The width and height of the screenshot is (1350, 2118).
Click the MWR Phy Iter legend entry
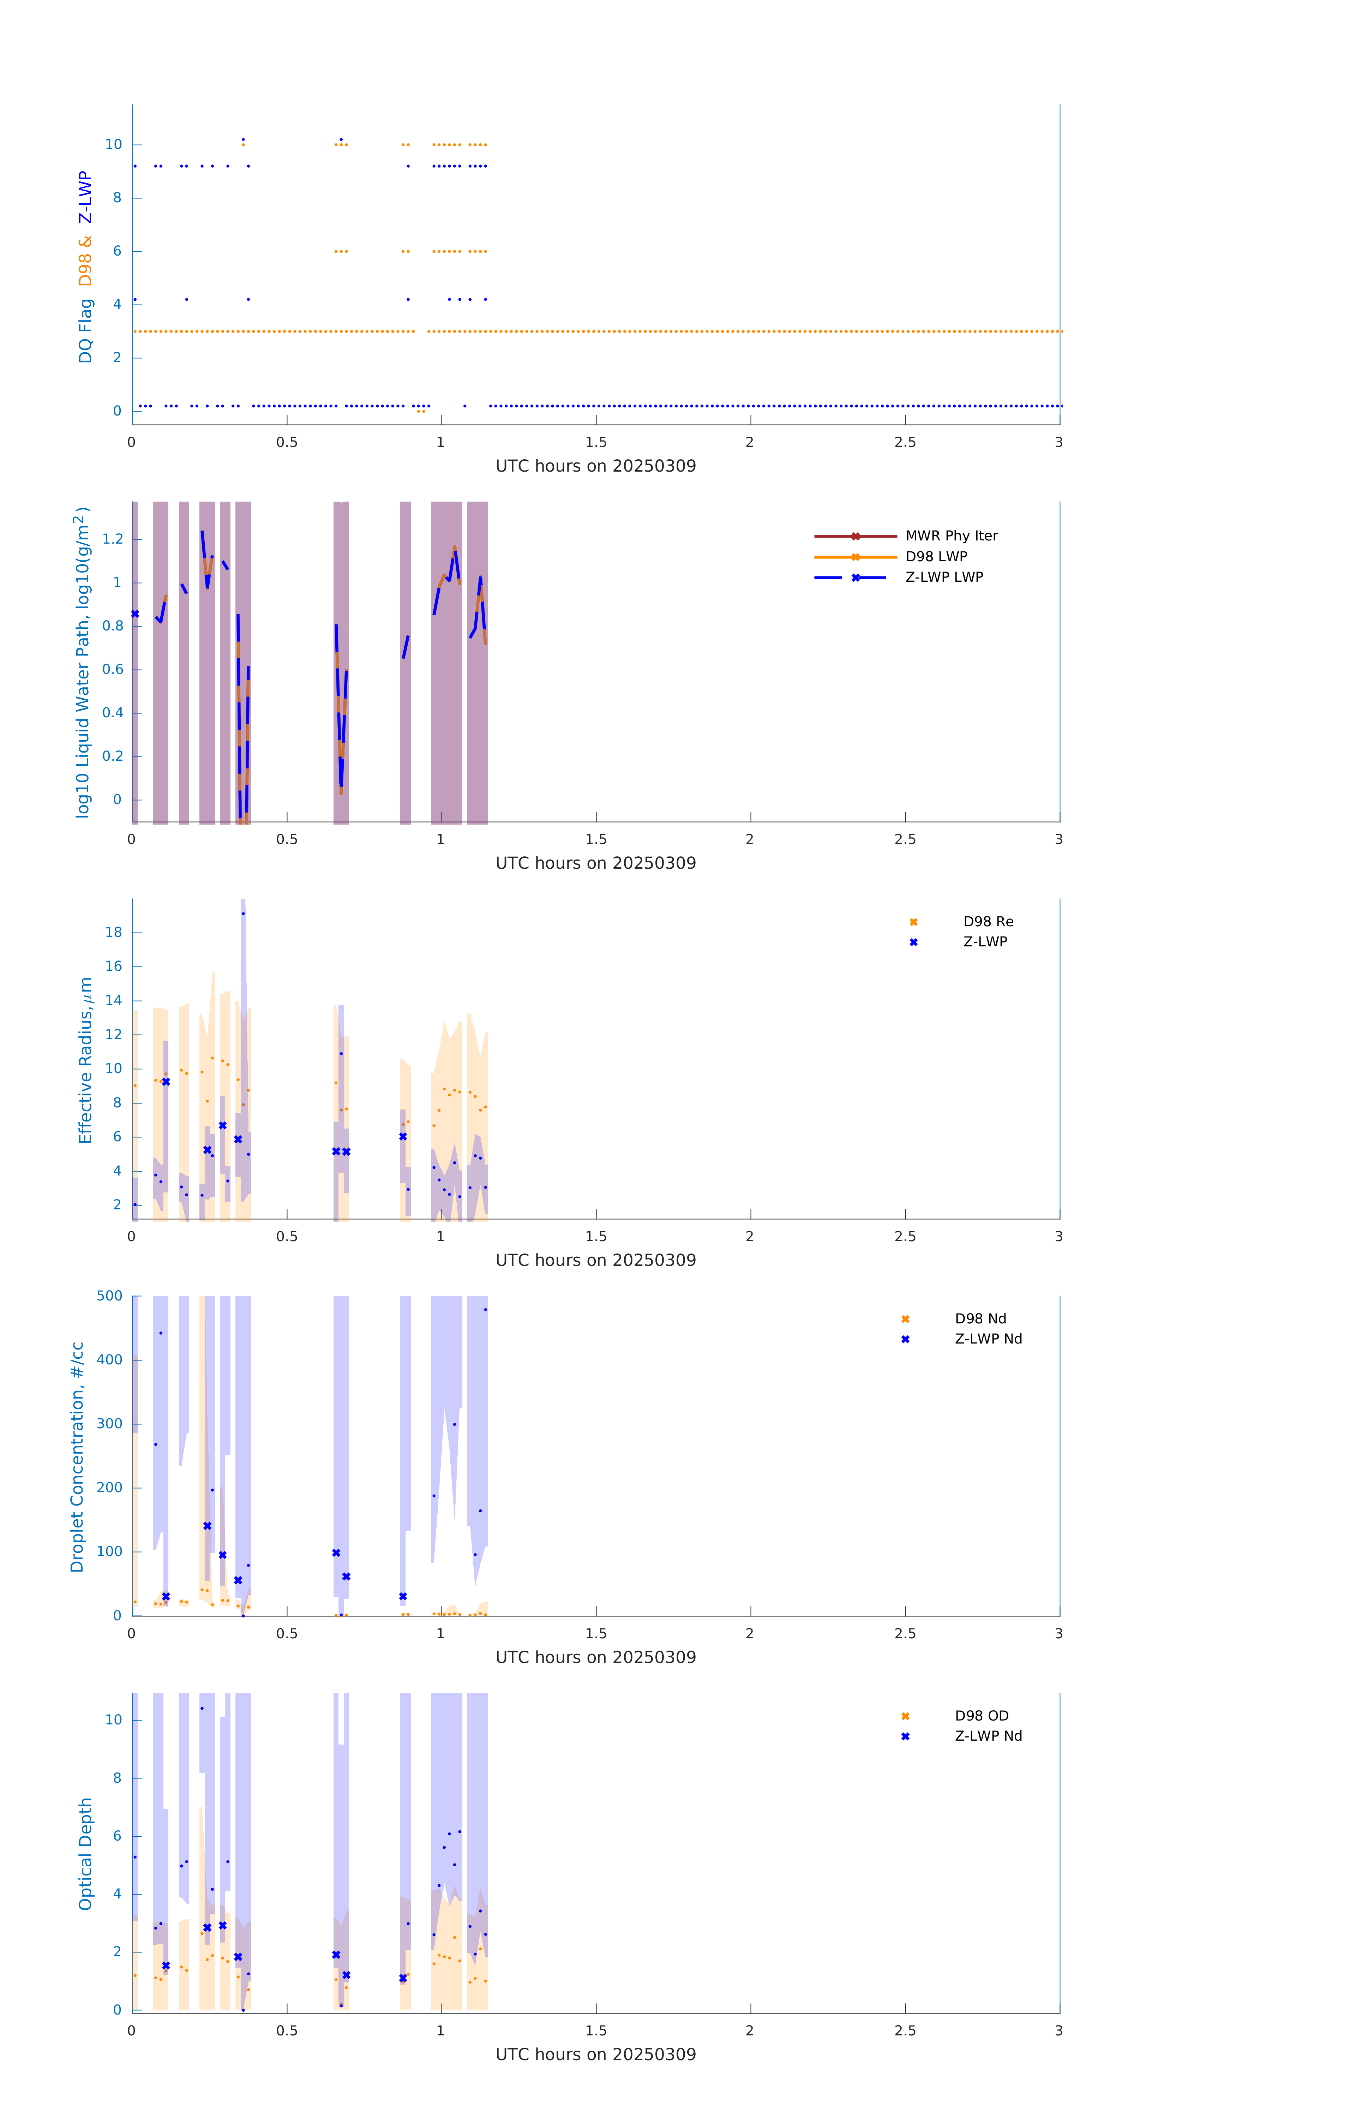pyautogui.click(x=951, y=536)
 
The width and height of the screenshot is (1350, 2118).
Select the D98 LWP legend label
pyautogui.click(x=936, y=557)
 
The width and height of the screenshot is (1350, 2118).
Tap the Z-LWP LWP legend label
pyautogui.click(x=944, y=577)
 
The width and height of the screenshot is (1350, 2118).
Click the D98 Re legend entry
pyautogui.click(x=988, y=922)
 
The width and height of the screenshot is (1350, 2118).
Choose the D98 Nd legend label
pyautogui.click(x=980, y=1318)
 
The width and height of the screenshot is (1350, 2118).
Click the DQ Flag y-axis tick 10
pyautogui.click(x=113, y=144)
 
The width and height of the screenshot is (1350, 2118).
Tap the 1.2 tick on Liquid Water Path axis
pyautogui.click(x=113, y=539)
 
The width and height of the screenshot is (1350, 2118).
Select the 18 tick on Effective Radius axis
pyautogui.click(x=113, y=932)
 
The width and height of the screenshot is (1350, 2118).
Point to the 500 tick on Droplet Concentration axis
pyautogui.click(x=110, y=1296)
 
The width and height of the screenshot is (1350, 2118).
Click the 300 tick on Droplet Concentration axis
pyautogui.click(x=110, y=1424)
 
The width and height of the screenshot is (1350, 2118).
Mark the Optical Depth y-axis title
pyautogui.click(x=85, y=1853)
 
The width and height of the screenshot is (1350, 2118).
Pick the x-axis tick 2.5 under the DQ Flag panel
pyautogui.click(x=905, y=442)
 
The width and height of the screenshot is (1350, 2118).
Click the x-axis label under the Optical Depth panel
pyautogui.click(x=595, y=2055)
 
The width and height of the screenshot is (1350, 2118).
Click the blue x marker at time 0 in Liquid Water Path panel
pyautogui.click(x=134, y=614)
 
